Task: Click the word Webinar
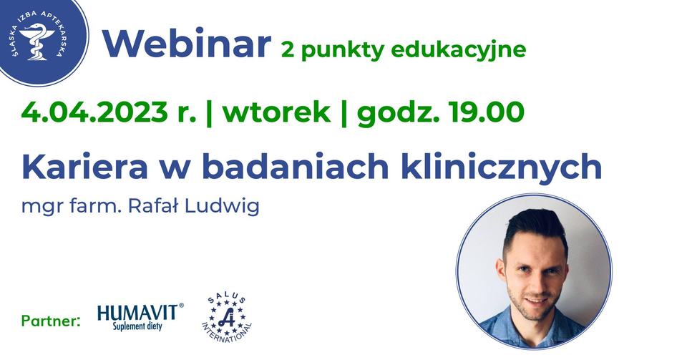187,44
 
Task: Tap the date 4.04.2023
94,112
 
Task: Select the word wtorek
276,112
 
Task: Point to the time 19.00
486,112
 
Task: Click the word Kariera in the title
84,167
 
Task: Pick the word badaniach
296,167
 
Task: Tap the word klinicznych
501,167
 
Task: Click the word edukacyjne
458,49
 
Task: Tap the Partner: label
51,321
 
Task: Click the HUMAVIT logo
140,316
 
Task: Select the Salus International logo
227,318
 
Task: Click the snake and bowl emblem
36,42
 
